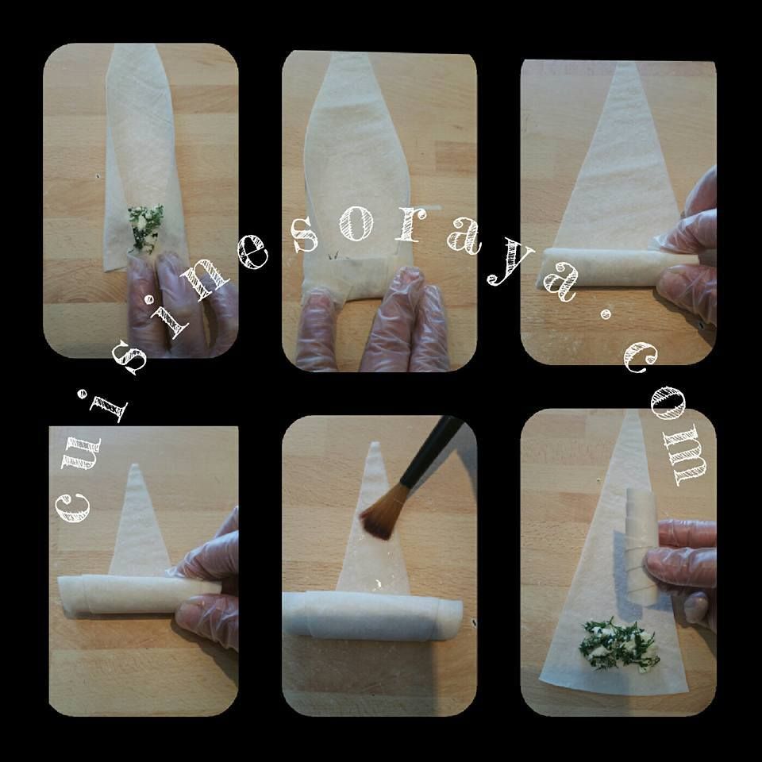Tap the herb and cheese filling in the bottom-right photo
click(618, 645)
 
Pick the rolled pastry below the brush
click(372, 615)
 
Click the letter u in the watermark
click(82, 453)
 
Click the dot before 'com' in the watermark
click(606, 315)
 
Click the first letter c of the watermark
click(73, 508)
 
